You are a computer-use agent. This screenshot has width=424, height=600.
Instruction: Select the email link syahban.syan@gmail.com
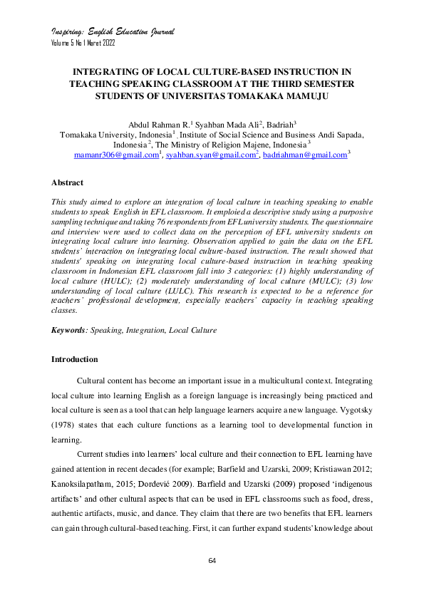210,155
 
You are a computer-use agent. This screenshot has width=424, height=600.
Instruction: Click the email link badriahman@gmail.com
304,155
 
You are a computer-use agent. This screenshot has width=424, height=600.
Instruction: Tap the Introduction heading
74,359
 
